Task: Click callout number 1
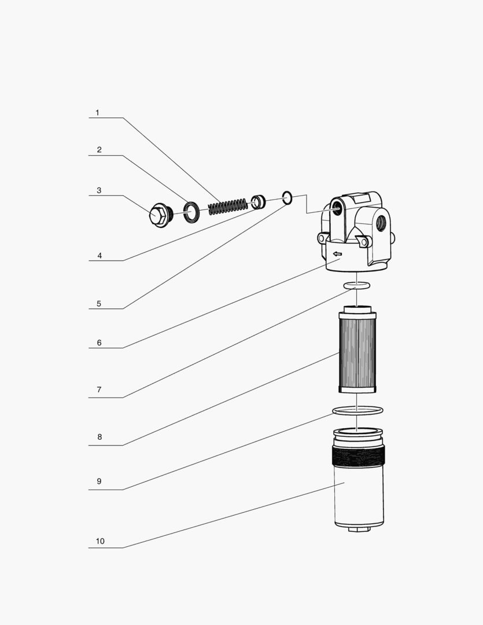point(97,113)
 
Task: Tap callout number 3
point(99,190)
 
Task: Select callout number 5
point(99,304)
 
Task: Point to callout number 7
point(99,389)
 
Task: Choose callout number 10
point(100,541)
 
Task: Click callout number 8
point(99,437)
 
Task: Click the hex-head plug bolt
point(161,215)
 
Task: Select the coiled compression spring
point(228,206)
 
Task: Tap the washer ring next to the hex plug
point(191,212)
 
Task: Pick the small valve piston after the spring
point(258,202)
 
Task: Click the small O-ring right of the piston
point(287,198)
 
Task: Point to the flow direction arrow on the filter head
point(338,253)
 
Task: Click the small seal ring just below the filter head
point(357,285)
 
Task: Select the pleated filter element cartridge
point(357,349)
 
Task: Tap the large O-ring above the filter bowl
point(358,410)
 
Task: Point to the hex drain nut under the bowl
point(359,529)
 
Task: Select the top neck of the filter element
point(357,309)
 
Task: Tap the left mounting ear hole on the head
point(321,239)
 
